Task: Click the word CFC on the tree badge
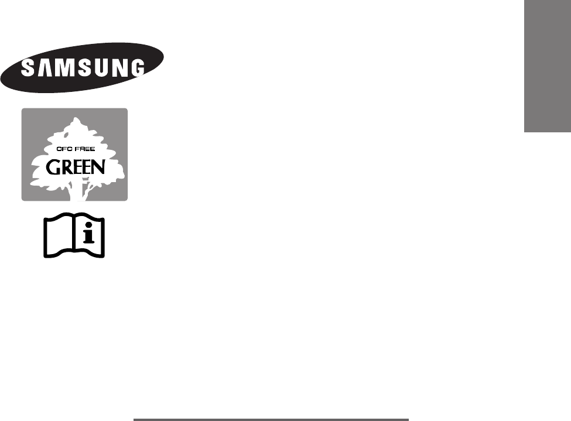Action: [x=63, y=149]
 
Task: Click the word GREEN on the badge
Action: [x=75, y=167]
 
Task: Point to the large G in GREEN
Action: [x=53, y=167]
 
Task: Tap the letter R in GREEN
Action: [x=65, y=168]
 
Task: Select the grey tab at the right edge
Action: [x=547, y=67]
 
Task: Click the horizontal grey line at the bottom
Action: [x=271, y=419]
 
